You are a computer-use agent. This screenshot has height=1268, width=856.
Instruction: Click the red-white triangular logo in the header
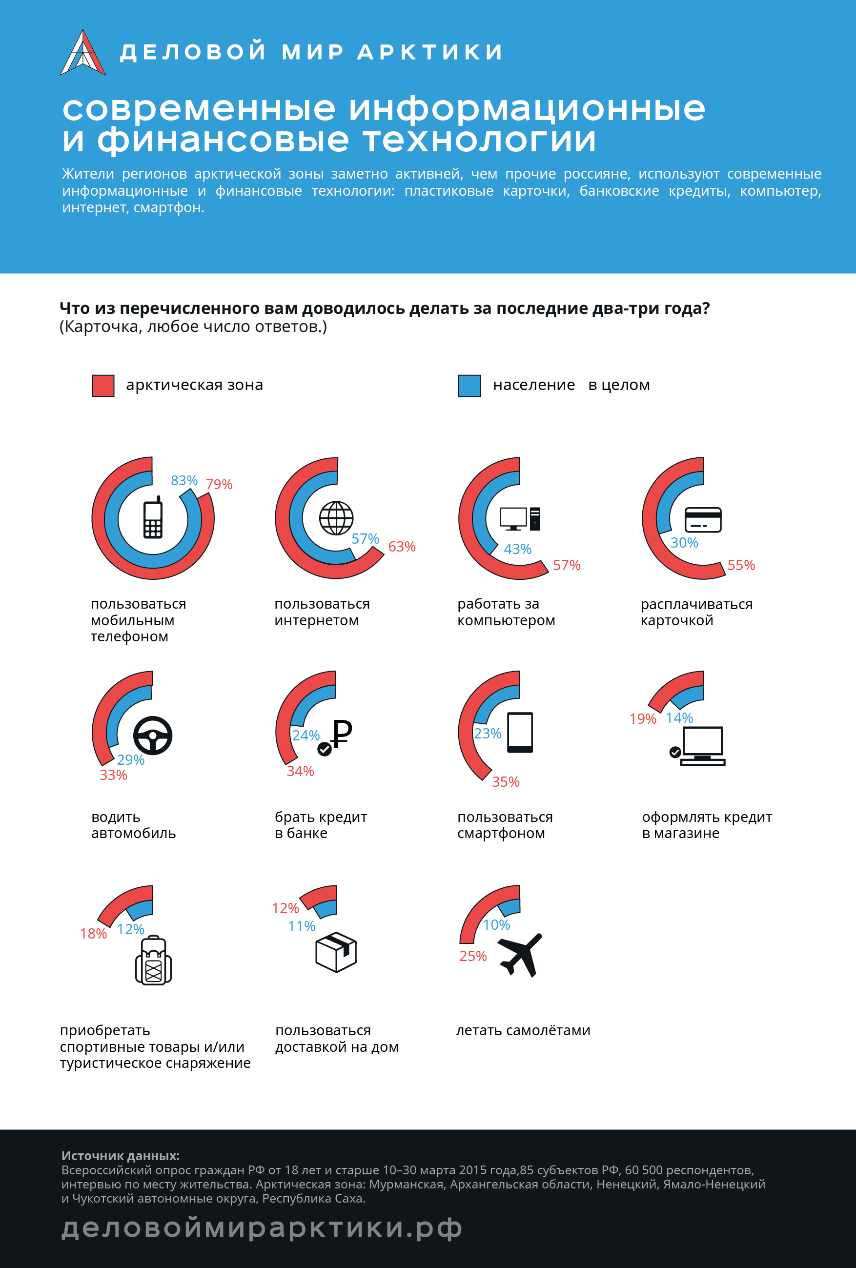tap(82, 52)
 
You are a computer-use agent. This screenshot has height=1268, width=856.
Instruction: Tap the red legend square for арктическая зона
tap(103, 386)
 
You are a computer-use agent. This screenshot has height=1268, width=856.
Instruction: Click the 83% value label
tap(184, 480)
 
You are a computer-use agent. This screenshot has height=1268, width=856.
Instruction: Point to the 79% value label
tap(219, 484)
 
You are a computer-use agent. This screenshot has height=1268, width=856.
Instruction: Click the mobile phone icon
tap(153, 517)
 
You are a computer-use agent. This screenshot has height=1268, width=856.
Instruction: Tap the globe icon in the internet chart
tap(336, 518)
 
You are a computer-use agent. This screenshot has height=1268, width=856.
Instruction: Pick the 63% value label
tap(402, 546)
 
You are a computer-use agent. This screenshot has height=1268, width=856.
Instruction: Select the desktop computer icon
tap(520, 518)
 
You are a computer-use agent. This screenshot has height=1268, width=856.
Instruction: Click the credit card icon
tap(703, 519)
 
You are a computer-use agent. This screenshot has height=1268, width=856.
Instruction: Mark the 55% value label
tap(741, 565)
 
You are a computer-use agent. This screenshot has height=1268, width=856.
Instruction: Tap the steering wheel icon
tap(153, 735)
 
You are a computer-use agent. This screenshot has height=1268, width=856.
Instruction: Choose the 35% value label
tap(505, 782)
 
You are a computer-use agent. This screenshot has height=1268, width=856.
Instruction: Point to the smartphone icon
tap(520, 732)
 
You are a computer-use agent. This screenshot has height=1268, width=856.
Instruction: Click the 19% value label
tap(643, 718)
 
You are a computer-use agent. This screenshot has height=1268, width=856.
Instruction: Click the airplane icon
tap(520, 955)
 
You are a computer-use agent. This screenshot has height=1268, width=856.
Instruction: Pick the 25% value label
tap(472, 956)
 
